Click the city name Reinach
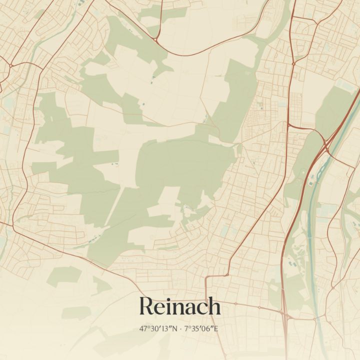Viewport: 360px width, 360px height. [x=179, y=306]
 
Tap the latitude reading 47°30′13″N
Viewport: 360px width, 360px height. [x=159, y=329]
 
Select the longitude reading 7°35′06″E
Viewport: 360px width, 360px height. [x=202, y=329]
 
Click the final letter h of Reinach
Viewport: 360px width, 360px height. [x=214, y=306]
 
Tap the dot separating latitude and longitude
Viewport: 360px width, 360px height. [x=181, y=329]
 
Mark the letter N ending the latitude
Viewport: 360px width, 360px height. [x=175, y=329]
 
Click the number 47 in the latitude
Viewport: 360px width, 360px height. [x=144, y=329]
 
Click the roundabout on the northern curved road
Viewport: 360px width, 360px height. [x=156, y=39]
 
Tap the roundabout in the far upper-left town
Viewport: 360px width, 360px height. [x=10, y=65]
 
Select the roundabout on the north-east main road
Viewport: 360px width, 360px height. [x=294, y=63]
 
